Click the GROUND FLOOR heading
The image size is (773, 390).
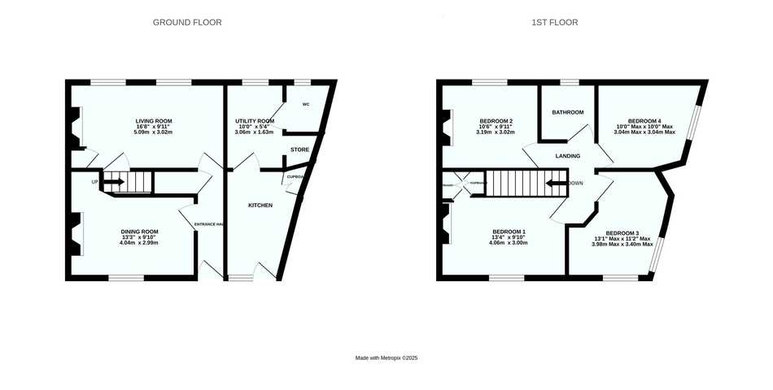[187, 23]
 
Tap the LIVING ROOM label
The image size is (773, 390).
[154, 121]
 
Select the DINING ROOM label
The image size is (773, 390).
[139, 232]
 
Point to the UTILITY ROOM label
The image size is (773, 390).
[255, 121]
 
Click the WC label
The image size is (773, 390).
[306, 105]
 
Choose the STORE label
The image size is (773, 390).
[299, 149]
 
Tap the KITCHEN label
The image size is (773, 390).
[260, 205]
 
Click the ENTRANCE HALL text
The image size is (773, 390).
[209, 225]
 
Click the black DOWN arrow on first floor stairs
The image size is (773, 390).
[557, 183]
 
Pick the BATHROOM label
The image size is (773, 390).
[568, 112]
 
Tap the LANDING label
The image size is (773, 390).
[567, 155]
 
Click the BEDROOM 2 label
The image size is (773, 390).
[496, 121]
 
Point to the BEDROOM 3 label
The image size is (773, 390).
[622, 233]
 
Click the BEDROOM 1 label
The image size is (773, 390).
[507, 232]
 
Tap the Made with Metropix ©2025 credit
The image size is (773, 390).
[386, 357]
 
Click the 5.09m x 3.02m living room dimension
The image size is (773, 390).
[154, 132]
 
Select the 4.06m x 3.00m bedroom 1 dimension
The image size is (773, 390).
[507, 243]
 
